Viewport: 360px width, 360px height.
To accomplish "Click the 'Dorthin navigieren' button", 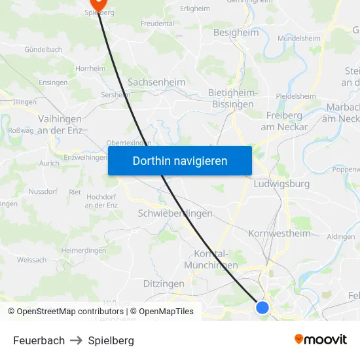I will click(x=180, y=160).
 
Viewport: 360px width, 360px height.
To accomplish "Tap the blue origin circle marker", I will click(x=262, y=307).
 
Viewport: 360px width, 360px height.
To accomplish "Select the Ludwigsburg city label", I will click(x=281, y=184).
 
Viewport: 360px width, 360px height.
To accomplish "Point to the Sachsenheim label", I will click(x=156, y=82).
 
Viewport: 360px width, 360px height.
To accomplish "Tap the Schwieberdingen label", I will click(x=175, y=213).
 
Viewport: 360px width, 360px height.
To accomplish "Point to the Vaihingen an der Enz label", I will click(x=60, y=124).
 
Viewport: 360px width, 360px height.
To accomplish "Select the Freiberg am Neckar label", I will click(x=284, y=121).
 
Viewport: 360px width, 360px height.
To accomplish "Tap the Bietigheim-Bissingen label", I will click(x=231, y=98).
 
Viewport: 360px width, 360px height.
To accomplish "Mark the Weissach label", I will click(x=31, y=260).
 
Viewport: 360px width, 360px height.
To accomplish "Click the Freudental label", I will click(x=157, y=23).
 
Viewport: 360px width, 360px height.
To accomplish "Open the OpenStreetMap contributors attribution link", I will click(x=70, y=312).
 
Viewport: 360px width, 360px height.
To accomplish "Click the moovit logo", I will click(x=321, y=340).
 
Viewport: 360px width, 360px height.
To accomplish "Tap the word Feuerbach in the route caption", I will click(x=39, y=340).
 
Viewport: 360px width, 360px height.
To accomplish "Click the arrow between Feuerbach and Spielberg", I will click(x=77, y=340).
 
